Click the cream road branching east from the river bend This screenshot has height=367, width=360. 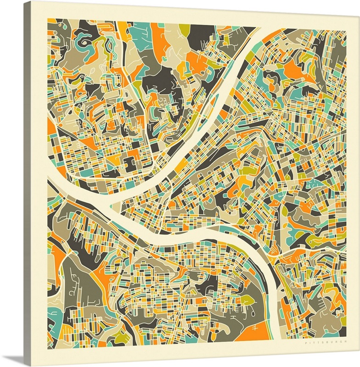pos(312,250)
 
